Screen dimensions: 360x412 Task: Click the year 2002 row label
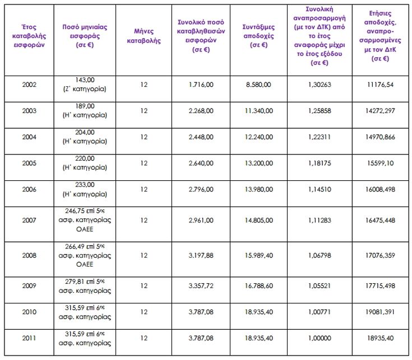(x=29, y=85)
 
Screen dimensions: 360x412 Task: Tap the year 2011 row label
(x=29, y=338)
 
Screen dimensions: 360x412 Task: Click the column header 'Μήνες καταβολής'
(x=143, y=36)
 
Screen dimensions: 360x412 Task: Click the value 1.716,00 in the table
(x=201, y=85)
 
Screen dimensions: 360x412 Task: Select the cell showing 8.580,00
(x=258, y=85)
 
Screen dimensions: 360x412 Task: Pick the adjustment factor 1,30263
(x=319, y=85)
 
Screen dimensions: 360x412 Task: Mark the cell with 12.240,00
(x=258, y=137)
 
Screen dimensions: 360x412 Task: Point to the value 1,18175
(x=319, y=163)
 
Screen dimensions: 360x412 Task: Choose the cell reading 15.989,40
(x=258, y=255)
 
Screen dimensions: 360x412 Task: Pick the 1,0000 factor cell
(x=319, y=338)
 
